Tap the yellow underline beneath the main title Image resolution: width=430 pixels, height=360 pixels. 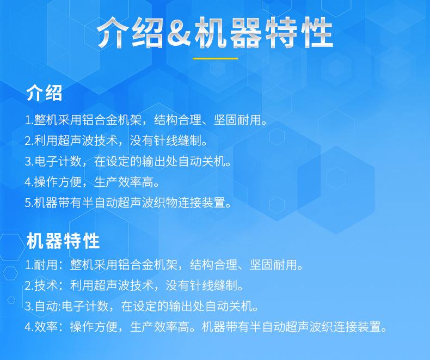215,58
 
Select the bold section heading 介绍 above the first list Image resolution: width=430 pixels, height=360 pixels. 44,93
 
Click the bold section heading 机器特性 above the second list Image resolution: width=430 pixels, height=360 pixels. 63,241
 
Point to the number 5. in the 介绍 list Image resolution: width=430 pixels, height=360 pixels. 29,203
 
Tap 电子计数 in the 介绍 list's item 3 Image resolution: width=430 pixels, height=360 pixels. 58,161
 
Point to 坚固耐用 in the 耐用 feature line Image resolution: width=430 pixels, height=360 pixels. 273,265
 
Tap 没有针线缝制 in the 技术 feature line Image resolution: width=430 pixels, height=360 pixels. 201,285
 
